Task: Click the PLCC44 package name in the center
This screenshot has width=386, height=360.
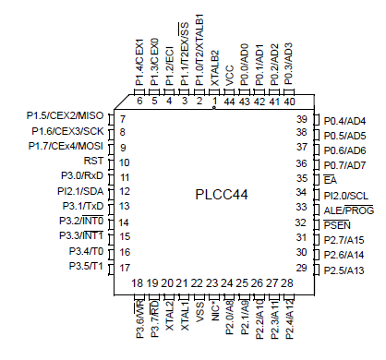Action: coord(222,195)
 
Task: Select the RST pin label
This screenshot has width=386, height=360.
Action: coord(92,162)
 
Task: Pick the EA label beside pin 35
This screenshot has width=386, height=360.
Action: coord(330,180)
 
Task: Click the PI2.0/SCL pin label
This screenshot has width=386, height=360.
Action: coord(345,195)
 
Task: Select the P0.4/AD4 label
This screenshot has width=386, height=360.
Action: coord(345,121)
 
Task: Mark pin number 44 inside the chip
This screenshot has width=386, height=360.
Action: coord(229,101)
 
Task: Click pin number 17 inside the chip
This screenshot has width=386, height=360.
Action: coord(123,268)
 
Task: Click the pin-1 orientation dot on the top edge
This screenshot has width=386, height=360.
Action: coord(214,108)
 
